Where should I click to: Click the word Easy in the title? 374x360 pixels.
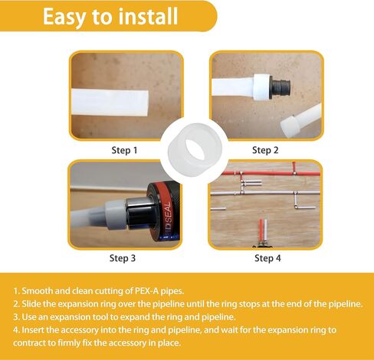point(64,17)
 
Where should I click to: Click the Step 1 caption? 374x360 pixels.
point(124,150)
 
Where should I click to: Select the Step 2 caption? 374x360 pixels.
point(265,150)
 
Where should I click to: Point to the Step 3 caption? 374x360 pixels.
point(123,258)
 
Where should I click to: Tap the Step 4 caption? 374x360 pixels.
point(267,258)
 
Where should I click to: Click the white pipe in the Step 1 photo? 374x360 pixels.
point(110,103)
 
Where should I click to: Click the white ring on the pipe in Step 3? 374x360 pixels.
point(116,214)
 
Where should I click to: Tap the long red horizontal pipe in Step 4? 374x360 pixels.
point(271,173)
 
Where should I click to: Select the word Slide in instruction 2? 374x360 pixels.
point(31,304)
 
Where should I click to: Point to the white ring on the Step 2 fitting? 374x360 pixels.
point(261,86)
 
